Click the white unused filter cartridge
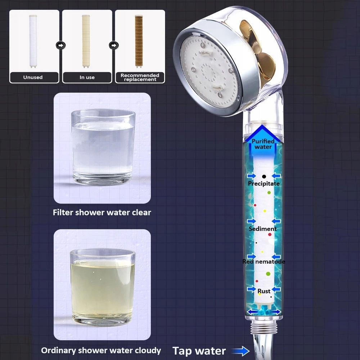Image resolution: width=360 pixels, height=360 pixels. (33, 41)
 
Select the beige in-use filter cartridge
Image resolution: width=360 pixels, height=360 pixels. (86, 41)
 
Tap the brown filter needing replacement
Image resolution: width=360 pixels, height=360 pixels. (139, 41)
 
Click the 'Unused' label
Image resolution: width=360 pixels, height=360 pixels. (33, 77)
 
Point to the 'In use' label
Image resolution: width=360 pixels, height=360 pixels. (87, 77)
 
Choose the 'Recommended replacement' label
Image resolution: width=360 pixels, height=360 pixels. (140, 77)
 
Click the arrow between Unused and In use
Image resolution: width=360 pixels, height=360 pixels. (60, 45)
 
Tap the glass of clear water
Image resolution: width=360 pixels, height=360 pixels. (103, 147)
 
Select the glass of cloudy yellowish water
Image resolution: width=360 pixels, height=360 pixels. (103, 287)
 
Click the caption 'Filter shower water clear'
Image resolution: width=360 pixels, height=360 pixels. (102, 212)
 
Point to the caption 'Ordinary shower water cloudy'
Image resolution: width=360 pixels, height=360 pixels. (101, 350)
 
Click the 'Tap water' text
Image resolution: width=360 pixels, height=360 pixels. (199, 351)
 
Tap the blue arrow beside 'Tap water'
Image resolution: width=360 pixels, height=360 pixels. (240, 351)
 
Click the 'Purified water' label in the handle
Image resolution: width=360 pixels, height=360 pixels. (263, 144)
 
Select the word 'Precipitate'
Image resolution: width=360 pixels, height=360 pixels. (264, 184)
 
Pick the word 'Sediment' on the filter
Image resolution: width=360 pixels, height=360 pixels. (263, 229)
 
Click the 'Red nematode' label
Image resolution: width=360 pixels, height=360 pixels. (264, 261)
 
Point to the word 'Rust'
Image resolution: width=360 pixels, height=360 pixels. (264, 291)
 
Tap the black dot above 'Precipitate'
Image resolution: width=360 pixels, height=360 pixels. (264, 176)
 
